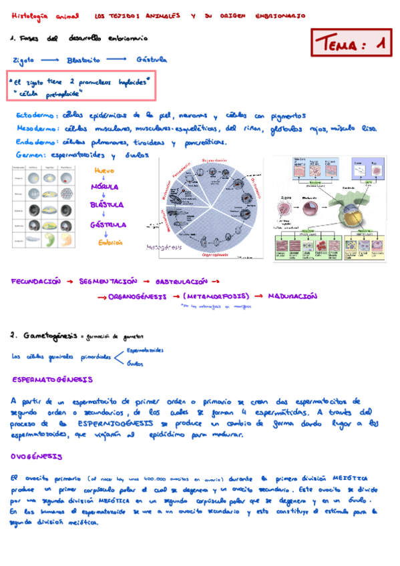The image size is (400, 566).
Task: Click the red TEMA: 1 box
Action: pyautogui.click(x=351, y=45)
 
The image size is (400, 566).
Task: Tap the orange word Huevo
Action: pyautogui.click(x=106, y=171)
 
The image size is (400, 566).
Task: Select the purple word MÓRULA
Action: pyautogui.click(x=105, y=188)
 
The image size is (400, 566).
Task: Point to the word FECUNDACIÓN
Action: pyautogui.click(x=35, y=282)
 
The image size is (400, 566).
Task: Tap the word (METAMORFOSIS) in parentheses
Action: pyautogui.click(x=218, y=296)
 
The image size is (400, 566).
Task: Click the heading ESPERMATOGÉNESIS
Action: pyautogui.click(x=53, y=379)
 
